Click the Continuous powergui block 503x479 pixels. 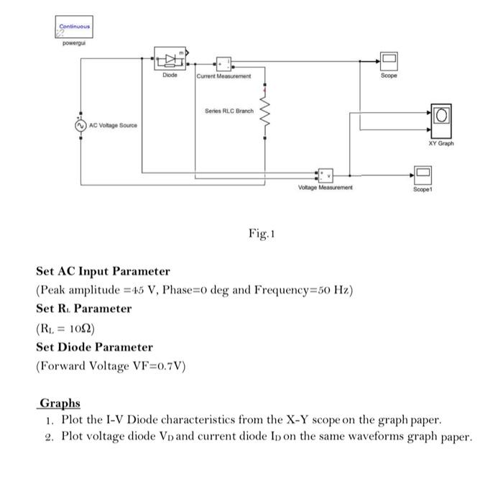point(74,28)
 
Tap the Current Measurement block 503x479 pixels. point(223,63)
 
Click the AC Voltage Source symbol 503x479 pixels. point(80,125)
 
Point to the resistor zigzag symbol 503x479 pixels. point(265,111)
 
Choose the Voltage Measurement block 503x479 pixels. point(326,174)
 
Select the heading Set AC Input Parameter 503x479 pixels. point(103,271)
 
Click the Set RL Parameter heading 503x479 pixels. point(84,309)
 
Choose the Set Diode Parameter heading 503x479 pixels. point(94,347)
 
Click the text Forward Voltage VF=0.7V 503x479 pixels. point(111,365)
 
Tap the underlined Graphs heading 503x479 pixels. point(60,403)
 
